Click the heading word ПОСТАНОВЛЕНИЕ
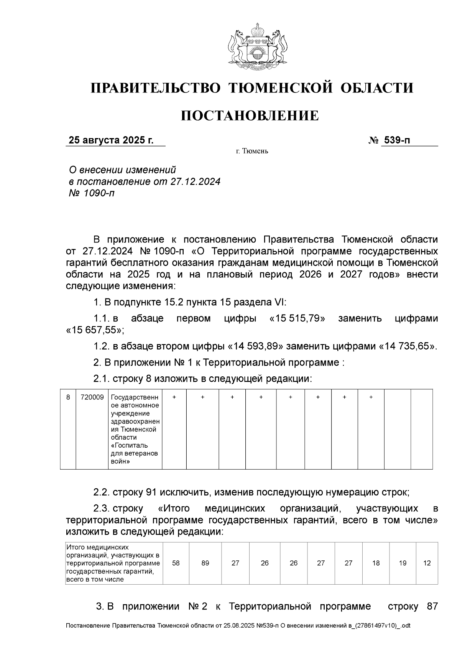pyautogui.click(x=250, y=115)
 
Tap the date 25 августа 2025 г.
pyautogui.click(x=111, y=140)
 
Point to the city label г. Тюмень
pyautogui.click(x=252, y=151)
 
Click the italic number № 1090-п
pyautogui.click(x=91, y=193)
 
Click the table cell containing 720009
pyautogui.click(x=92, y=397)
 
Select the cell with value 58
pyautogui.click(x=176, y=563)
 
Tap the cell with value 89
pyautogui.click(x=205, y=563)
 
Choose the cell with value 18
pyautogui.click(x=376, y=563)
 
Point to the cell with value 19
pyautogui.click(x=402, y=563)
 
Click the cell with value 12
pyautogui.click(x=427, y=563)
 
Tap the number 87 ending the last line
pyautogui.click(x=432, y=607)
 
